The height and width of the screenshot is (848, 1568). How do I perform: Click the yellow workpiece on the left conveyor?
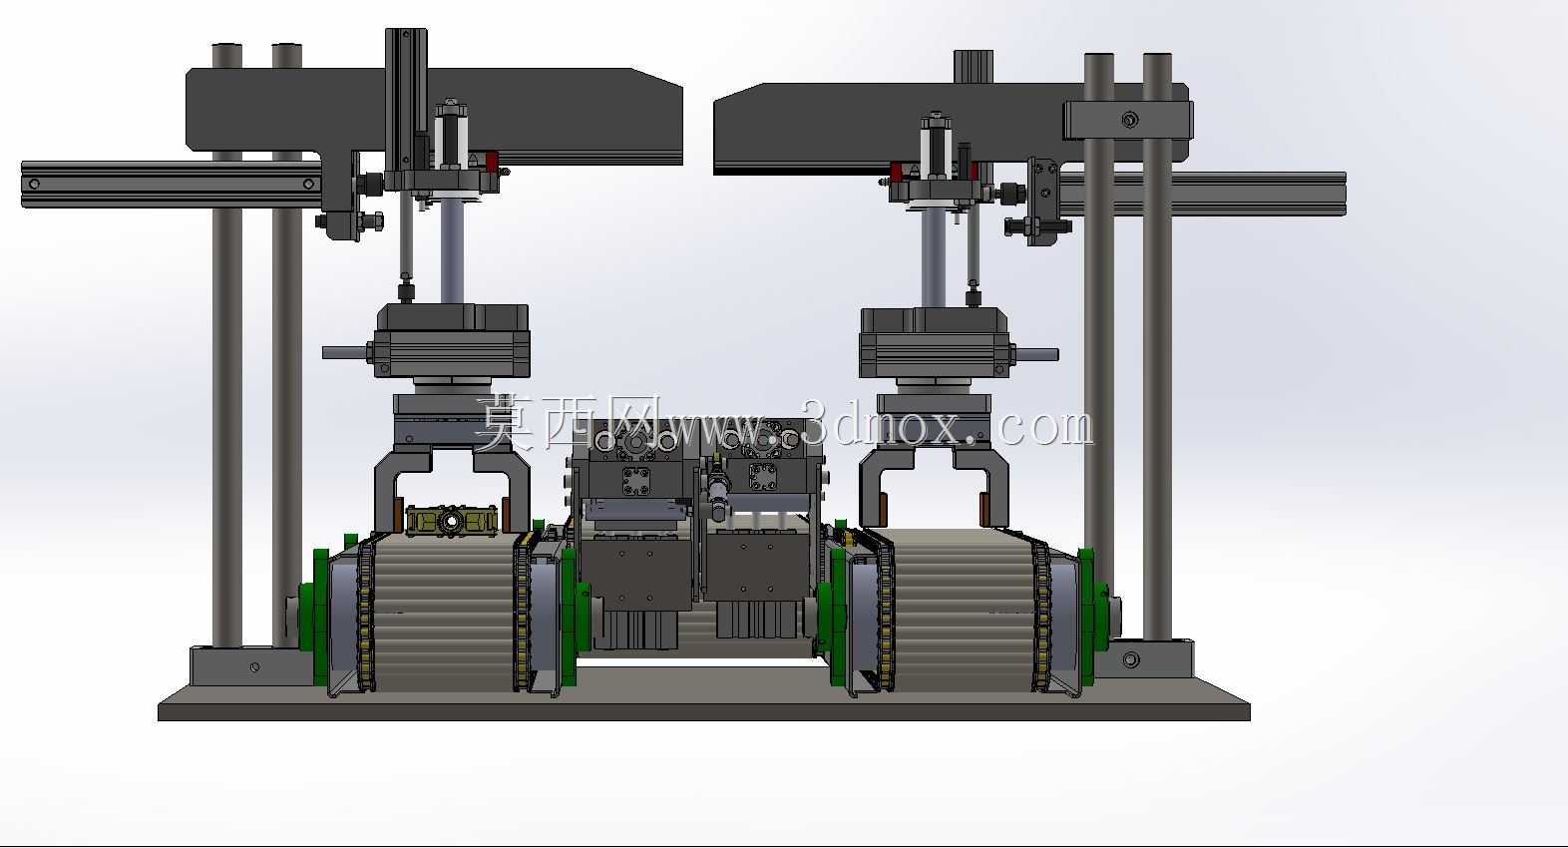click(x=452, y=521)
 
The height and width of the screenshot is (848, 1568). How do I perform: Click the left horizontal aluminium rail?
click(x=172, y=185)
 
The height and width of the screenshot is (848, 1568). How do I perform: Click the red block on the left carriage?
click(x=492, y=162)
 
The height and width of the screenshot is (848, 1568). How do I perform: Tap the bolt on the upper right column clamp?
click(x=1130, y=120)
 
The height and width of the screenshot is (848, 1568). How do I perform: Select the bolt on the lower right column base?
click(x=1130, y=658)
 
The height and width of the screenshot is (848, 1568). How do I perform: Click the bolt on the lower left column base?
click(x=254, y=666)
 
